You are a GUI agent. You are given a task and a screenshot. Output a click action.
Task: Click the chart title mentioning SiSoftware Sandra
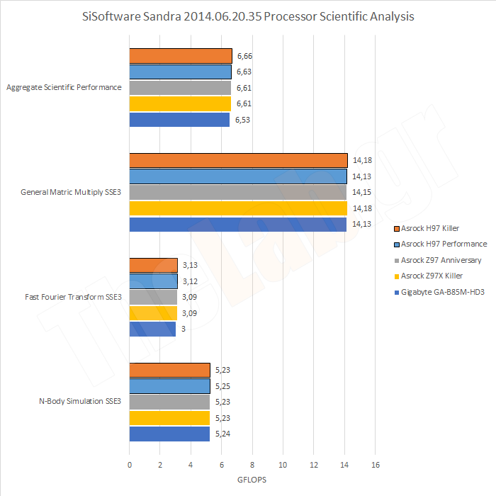pyautogui.click(x=248, y=16)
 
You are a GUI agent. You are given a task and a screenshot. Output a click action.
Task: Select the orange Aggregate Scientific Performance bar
pyautogui.click(x=181, y=56)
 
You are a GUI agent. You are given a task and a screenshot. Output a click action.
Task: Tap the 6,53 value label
pyautogui.click(x=244, y=120)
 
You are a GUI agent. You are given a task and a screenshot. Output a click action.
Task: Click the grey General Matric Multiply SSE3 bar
pyautogui.click(x=238, y=193)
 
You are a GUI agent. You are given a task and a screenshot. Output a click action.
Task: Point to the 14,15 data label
pyautogui.click(x=361, y=193)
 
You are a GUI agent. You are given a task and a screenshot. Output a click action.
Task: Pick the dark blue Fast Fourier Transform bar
pyautogui.click(x=152, y=329)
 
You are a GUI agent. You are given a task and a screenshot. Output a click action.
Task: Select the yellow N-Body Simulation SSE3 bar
pyautogui.click(x=169, y=418)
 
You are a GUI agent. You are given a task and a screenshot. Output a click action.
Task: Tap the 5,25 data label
pyautogui.click(x=223, y=386)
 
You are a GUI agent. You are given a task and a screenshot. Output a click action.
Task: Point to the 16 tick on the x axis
pyautogui.click(x=376, y=465)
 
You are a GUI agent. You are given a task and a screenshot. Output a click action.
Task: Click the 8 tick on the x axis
pyautogui.click(x=252, y=465)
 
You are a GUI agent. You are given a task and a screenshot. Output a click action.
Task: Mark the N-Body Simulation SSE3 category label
pyautogui.click(x=80, y=402)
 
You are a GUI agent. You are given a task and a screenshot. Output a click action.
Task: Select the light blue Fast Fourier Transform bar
pyautogui.click(x=153, y=281)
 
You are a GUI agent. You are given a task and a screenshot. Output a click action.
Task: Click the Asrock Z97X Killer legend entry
pyautogui.click(x=432, y=276)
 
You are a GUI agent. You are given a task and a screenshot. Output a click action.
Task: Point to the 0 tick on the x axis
pyautogui.click(x=130, y=465)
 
